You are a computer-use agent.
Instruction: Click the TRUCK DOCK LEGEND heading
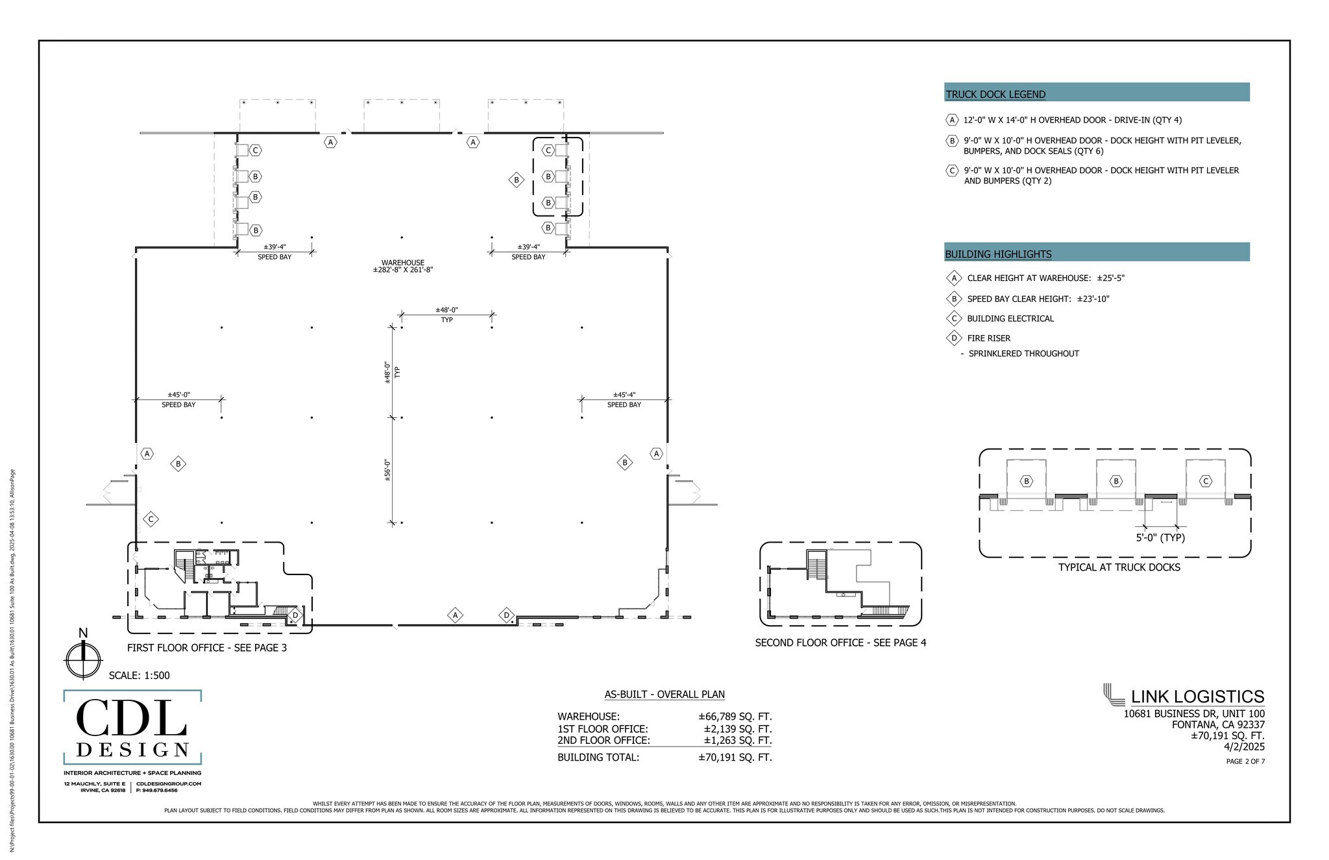995,94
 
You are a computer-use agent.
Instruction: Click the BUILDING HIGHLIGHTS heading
998,254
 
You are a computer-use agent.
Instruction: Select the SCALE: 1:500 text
139,675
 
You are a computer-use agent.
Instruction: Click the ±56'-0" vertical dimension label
387,470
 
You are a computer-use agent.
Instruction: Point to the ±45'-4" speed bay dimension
624,395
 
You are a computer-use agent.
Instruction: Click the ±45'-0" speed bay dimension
178,395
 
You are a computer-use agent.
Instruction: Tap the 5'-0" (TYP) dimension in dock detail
1160,537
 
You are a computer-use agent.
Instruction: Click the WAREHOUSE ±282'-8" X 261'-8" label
402,266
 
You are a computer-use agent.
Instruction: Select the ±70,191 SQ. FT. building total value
735,757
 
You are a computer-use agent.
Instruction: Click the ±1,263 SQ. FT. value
737,740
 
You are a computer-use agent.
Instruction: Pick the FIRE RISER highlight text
988,338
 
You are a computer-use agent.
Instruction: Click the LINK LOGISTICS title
1197,696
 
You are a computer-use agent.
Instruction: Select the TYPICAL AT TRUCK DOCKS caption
1119,567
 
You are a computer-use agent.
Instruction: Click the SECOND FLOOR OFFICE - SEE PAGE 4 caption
840,643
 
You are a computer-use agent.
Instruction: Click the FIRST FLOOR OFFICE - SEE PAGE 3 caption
206,648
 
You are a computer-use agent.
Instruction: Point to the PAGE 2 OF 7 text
1245,761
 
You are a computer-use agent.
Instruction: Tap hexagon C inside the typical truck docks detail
1206,481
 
